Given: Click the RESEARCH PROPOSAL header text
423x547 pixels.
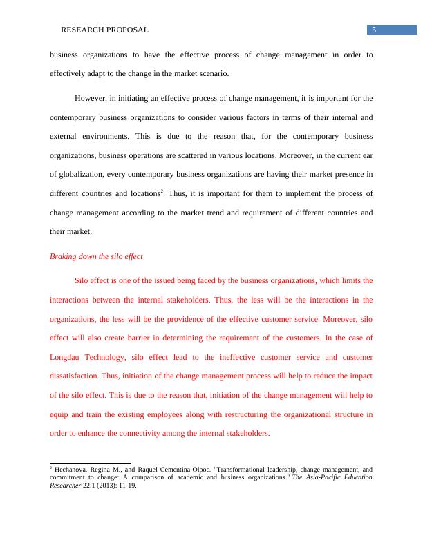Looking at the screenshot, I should point(104,30).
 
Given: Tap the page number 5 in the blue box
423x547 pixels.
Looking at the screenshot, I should point(374,30).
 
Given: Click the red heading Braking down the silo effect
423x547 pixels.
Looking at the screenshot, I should point(96,256).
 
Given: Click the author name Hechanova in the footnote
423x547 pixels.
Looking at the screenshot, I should point(73,469).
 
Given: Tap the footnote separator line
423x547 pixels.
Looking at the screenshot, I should point(90,463).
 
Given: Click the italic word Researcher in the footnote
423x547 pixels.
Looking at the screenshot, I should point(66,486).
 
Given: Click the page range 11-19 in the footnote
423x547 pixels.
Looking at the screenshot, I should point(126,486).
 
